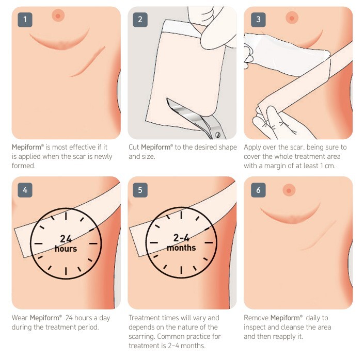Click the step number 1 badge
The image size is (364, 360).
pyautogui.click(x=25, y=20)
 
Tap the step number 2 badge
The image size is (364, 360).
pyautogui.click(x=140, y=20)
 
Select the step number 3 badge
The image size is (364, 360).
pyautogui.click(x=258, y=20)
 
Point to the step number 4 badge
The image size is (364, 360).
pyautogui.click(x=25, y=190)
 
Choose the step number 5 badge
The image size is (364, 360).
pyautogui.click(x=140, y=190)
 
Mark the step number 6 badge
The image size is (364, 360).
pyautogui.click(x=258, y=190)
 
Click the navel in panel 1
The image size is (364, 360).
pyautogui.click(x=58, y=16)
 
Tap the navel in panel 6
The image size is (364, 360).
pyautogui.click(x=289, y=190)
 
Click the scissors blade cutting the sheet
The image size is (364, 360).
pyautogui.click(x=186, y=111)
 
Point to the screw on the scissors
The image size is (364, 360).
pyautogui.click(x=217, y=134)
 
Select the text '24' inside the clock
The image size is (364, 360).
pyautogui.click(x=66, y=239)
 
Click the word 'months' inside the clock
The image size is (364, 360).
pyautogui.click(x=181, y=248)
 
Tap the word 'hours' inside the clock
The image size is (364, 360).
pyautogui.click(x=66, y=249)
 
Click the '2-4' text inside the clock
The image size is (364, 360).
pyautogui.click(x=181, y=238)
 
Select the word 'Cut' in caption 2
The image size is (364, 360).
pyautogui.click(x=134, y=148)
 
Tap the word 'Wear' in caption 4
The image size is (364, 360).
pyautogui.click(x=20, y=318)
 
